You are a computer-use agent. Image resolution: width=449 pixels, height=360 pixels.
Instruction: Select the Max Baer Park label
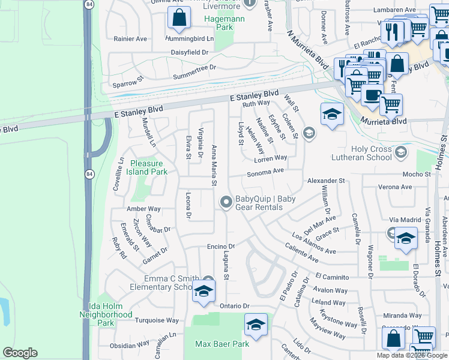[222, 344]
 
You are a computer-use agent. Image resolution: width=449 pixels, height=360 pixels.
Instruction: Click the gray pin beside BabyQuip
[226, 203]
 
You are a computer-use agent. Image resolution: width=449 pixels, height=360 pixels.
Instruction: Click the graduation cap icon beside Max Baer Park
[256, 326]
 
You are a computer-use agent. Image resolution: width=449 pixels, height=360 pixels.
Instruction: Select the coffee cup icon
[372, 94]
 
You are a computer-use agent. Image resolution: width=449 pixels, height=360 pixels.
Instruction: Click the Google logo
[20, 352]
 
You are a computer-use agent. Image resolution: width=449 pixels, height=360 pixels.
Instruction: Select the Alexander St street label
[326, 181]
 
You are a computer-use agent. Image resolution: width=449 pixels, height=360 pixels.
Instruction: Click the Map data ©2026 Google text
[411, 355]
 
